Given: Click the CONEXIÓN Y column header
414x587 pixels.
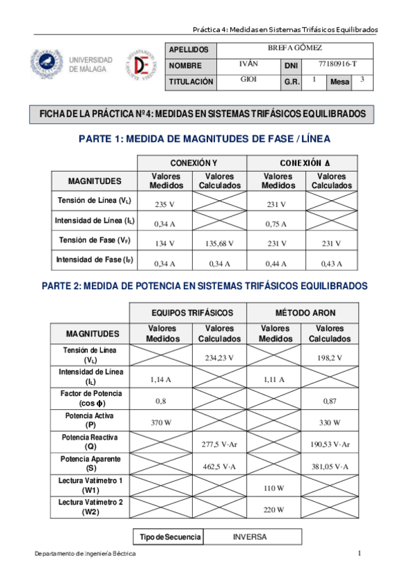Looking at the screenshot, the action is (x=193, y=163).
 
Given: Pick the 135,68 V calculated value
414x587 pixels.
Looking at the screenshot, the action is (x=220, y=244).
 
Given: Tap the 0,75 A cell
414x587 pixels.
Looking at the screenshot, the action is (x=276, y=224).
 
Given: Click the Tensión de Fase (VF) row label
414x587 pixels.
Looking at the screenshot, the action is (x=95, y=241).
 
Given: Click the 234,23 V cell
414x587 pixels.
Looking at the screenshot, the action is (x=220, y=358).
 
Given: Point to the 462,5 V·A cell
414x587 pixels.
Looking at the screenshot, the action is (x=220, y=467).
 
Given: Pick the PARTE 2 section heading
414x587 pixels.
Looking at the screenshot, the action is (x=205, y=285).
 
